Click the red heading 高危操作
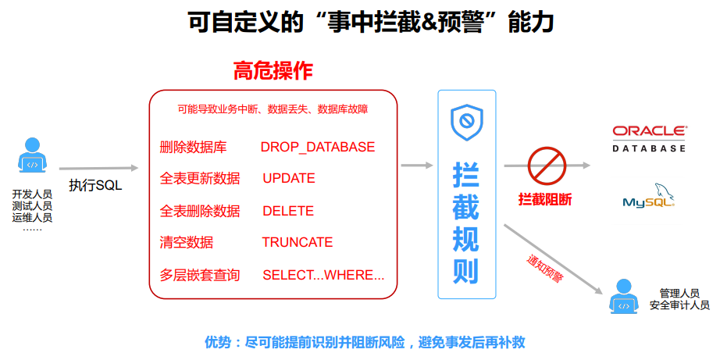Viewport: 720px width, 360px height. click(273, 71)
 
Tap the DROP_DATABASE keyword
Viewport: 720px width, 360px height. click(317, 147)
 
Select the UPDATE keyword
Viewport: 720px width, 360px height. click(288, 178)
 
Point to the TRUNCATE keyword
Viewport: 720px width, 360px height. click(297, 242)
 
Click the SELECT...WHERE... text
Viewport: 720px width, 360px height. click(323, 275)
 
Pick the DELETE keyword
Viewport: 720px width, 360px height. click(287, 211)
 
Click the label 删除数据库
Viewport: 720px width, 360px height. click(193, 147)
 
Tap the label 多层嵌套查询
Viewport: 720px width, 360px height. click(199, 275)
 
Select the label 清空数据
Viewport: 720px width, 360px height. click(186, 242)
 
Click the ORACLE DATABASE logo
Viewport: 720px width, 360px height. click(649, 137)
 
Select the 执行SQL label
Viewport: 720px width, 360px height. click(95, 185)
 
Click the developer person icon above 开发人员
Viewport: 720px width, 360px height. click(32, 156)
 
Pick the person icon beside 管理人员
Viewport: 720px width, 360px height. click(623, 296)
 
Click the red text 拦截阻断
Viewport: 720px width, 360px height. click(545, 199)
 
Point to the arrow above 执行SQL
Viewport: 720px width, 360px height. click(98, 168)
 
